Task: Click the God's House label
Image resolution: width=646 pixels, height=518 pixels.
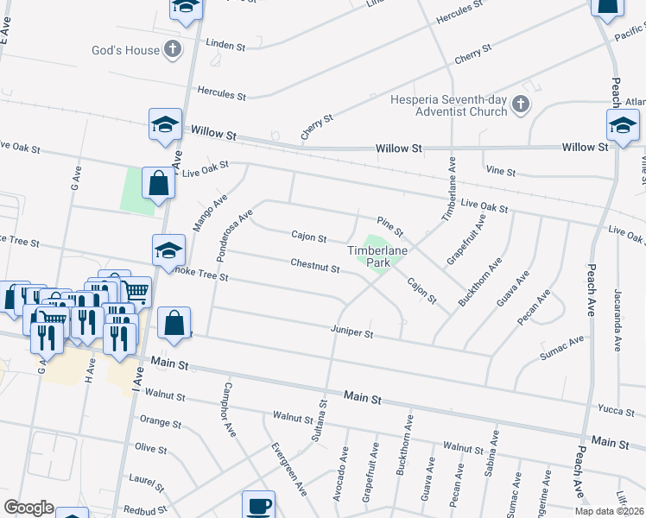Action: pos(125,50)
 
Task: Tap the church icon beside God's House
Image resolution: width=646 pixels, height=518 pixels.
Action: pos(174,49)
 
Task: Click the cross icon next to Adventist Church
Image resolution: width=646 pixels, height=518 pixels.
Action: pos(521,105)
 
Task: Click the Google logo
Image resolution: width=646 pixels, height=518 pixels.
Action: pos(28,508)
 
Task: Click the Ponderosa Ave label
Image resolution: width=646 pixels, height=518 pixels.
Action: pos(234,227)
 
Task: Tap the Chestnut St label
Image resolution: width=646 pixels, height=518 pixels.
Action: pos(314,266)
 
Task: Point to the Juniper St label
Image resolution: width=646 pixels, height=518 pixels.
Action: pos(351,332)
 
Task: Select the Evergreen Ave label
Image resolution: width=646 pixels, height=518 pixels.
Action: pos(289,469)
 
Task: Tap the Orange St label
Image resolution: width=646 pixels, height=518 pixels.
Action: pos(160,423)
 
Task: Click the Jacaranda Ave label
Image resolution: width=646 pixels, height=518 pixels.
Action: pos(617,319)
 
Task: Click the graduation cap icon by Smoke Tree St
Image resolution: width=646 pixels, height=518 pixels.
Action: pos(169,251)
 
